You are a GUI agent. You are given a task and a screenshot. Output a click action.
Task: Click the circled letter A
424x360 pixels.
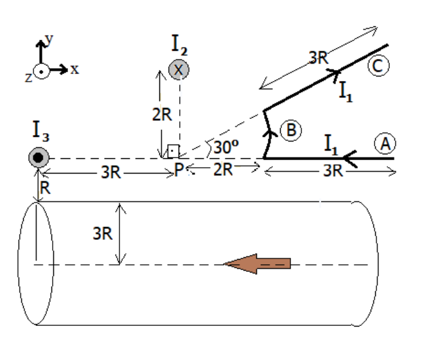385,146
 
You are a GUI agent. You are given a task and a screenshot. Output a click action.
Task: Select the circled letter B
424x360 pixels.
290,130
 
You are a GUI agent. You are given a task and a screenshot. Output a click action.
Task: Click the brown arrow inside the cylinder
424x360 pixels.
257,264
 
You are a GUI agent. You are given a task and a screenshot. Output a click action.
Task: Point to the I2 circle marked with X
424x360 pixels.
179,69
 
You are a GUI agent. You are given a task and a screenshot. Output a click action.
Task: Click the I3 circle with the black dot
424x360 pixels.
39,158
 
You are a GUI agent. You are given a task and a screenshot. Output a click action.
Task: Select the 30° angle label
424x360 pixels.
226,147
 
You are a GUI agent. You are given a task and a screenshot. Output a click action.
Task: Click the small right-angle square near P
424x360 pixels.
172,152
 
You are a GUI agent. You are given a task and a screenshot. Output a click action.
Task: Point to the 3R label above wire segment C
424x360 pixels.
319,57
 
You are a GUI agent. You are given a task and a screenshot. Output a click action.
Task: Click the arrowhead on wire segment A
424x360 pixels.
349,158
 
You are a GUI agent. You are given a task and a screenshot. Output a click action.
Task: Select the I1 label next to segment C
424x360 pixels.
348,89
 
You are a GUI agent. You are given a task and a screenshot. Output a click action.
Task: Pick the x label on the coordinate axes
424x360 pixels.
75,69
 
